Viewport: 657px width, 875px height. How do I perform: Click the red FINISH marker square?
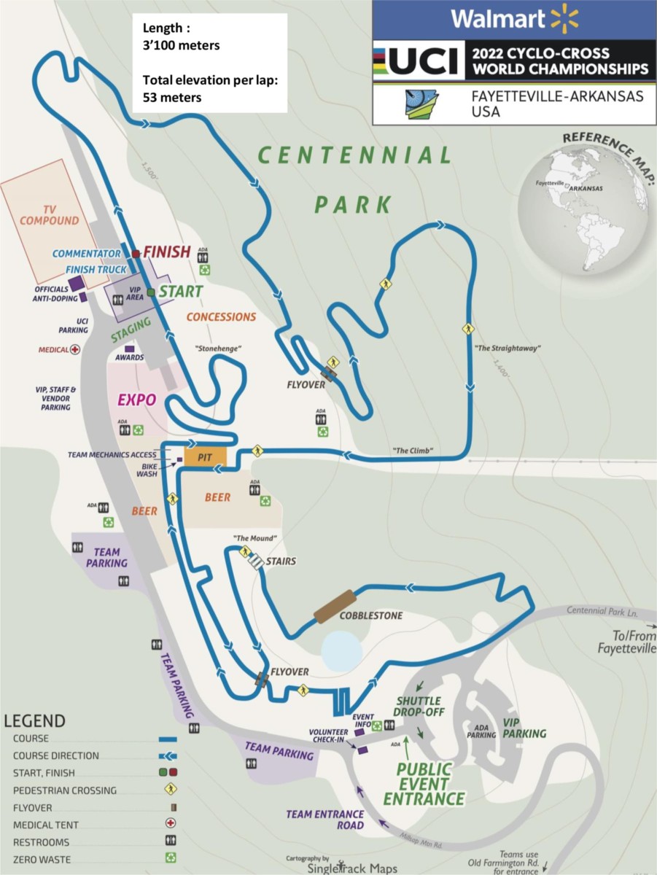click(x=136, y=253)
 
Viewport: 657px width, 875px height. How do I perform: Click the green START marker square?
click(x=151, y=292)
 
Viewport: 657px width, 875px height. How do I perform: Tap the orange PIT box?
click(x=205, y=456)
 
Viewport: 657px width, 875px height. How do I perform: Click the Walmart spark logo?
click(x=564, y=18)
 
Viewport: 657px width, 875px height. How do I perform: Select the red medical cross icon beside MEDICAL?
click(x=74, y=349)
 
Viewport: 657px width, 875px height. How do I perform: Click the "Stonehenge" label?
click(x=218, y=349)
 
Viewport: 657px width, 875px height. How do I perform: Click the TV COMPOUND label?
click(x=49, y=214)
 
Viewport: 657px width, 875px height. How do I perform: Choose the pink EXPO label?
click(x=136, y=400)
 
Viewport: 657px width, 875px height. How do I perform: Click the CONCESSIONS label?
click(x=221, y=317)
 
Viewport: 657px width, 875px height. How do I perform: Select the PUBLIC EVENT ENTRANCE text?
click(x=424, y=783)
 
